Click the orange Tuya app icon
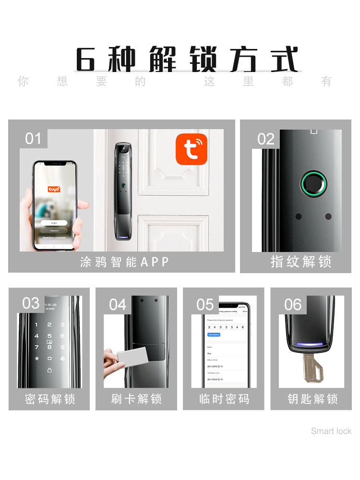[x=192, y=149]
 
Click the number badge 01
[x=33, y=139]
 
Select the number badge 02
[x=265, y=139]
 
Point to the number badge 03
[x=31, y=303]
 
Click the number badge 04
[x=118, y=304]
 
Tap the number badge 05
[x=205, y=304]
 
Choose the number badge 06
[x=292, y=304]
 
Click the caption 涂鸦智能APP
[x=125, y=262]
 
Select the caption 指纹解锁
[x=300, y=262]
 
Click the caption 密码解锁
[x=50, y=399]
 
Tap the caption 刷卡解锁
[x=136, y=399]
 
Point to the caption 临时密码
[x=224, y=399]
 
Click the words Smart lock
[x=331, y=431]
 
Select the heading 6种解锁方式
[x=187, y=60]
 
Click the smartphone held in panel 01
[x=54, y=205]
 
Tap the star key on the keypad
[x=36, y=359]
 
